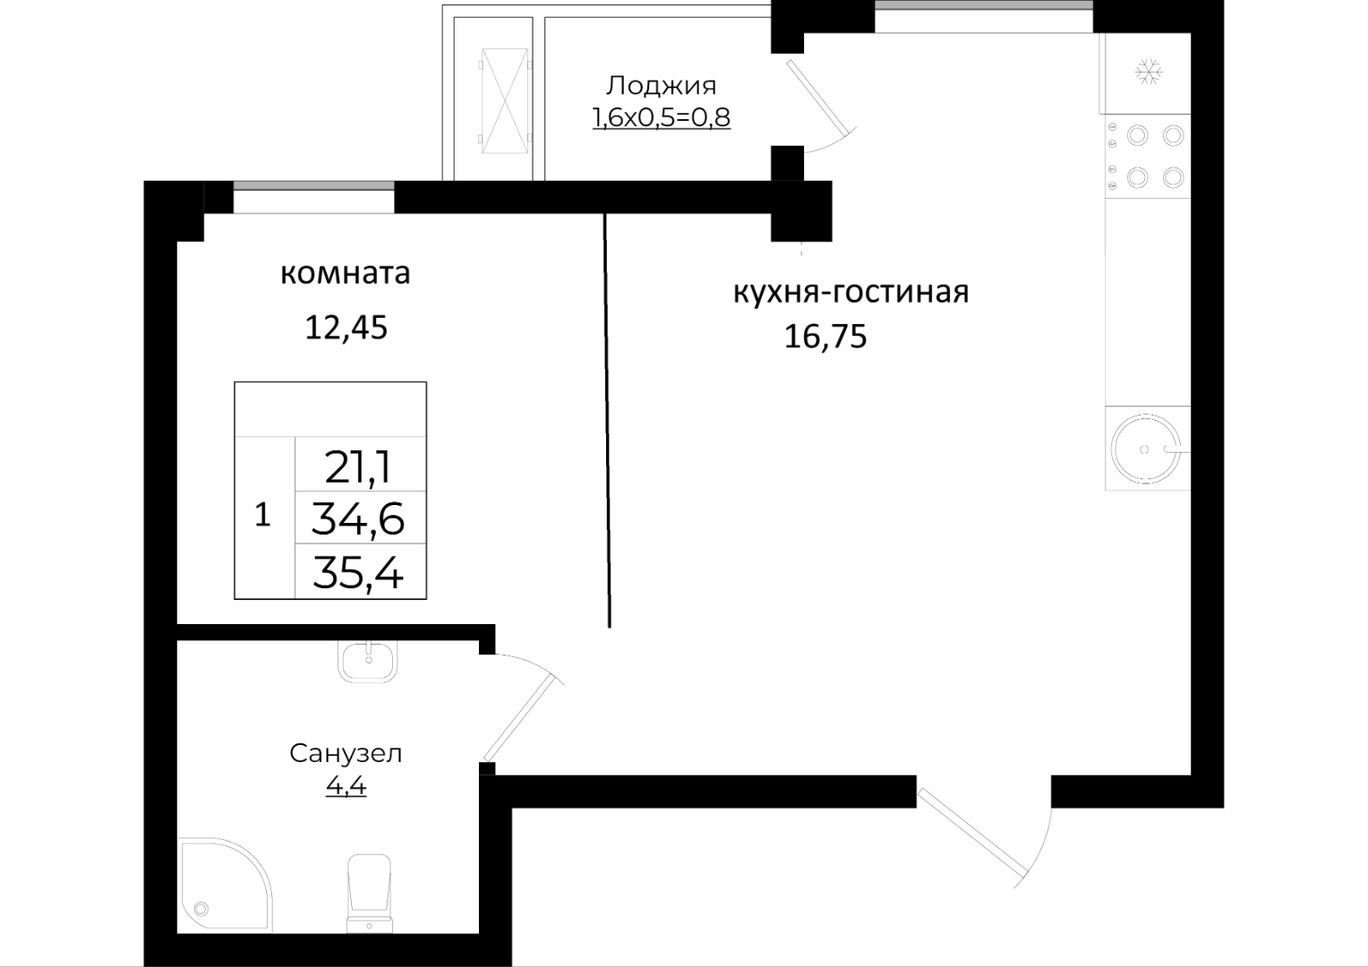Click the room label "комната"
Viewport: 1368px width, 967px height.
[345, 274]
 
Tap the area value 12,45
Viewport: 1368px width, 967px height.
[346, 328]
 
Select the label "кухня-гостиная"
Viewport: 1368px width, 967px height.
[851, 293]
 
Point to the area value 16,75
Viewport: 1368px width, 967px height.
[825, 337]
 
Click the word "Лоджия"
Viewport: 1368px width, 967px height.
[661, 86]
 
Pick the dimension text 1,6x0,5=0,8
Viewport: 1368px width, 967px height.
[661, 117]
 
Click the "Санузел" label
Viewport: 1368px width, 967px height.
[346, 754]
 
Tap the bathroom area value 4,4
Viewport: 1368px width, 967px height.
[346, 786]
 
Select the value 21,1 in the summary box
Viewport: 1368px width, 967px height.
[358, 468]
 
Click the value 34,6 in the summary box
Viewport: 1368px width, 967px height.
[358, 519]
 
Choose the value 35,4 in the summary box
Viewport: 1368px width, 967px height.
[358, 573]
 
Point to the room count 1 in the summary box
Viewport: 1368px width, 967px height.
[262, 515]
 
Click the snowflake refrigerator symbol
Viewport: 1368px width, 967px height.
[1148, 73]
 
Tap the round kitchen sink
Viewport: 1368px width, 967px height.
[1145, 449]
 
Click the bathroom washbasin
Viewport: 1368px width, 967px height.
[368, 661]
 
